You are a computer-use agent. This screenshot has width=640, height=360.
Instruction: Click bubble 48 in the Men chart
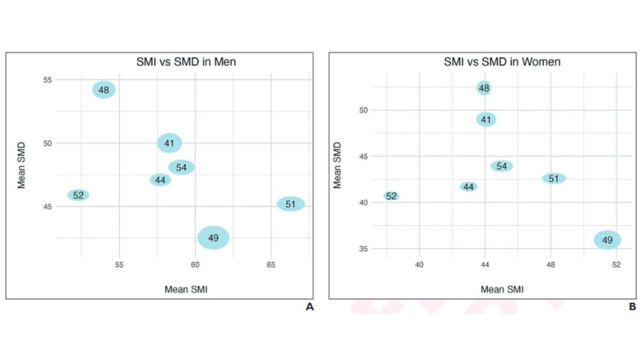pyautogui.click(x=104, y=90)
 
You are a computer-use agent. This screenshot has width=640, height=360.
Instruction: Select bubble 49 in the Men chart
pyautogui.click(x=213, y=238)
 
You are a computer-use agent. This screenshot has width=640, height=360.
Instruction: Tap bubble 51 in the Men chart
pyautogui.click(x=291, y=204)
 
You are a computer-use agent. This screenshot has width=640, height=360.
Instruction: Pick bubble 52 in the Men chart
pyautogui.click(x=78, y=195)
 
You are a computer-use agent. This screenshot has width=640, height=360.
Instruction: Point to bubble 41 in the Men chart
pyautogui.click(x=170, y=143)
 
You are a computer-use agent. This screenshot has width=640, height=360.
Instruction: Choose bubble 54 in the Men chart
pyautogui.click(x=181, y=167)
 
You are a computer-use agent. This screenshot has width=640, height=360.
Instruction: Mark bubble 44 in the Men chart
pyautogui.click(x=160, y=180)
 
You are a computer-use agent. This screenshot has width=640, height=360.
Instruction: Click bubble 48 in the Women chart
pyautogui.click(x=484, y=88)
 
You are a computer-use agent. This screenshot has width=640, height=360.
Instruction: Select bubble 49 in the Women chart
pyautogui.click(x=607, y=241)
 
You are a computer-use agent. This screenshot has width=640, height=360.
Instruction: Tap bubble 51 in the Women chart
pyautogui.click(x=554, y=179)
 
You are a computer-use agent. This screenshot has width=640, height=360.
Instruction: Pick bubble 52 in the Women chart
pyautogui.click(x=391, y=196)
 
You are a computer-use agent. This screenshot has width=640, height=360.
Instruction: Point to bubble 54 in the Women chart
pyautogui.click(x=502, y=166)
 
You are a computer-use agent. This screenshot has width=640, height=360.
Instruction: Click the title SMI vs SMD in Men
pyautogui.click(x=186, y=62)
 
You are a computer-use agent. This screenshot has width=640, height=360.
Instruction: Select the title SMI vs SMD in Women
pyautogui.click(x=502, y=62)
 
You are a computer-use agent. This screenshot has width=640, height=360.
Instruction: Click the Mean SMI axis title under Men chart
pyautogui.click(x=186, y=290)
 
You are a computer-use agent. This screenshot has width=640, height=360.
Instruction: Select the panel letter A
pyautogui.click(x=309, y=307)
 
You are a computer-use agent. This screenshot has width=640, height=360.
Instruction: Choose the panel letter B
pyautogui.click(x=632, y=307)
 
